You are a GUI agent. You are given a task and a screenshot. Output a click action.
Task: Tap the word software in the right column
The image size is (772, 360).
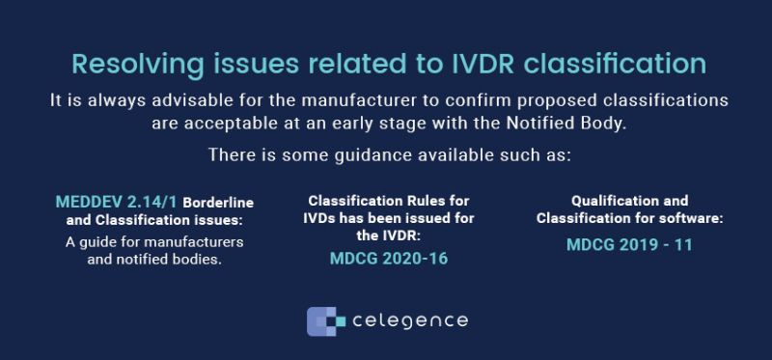[692, 219]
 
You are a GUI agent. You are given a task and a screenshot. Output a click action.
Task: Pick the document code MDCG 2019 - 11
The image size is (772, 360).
[628, 244]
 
